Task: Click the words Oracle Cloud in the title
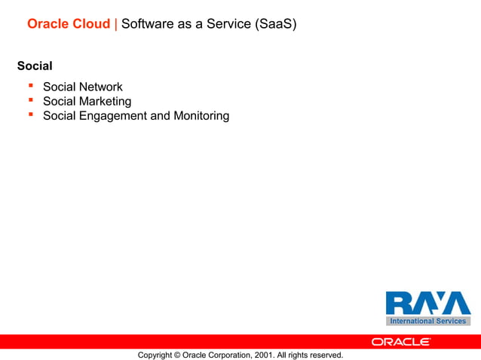tap(69, 24)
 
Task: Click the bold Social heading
tap(35, 66)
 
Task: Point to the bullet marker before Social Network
tap(31, 87)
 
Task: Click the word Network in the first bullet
tap(100, 87)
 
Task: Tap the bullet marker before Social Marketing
tap(31, 101)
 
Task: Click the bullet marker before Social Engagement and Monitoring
tap(31, 115)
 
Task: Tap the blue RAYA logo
tap(427, 304)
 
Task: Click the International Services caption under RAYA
tap(427, 322)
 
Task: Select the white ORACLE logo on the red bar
tap(400, 342)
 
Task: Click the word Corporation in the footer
tap(232, 355)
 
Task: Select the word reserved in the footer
tap(325, 355)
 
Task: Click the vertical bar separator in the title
tap(115, 24)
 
